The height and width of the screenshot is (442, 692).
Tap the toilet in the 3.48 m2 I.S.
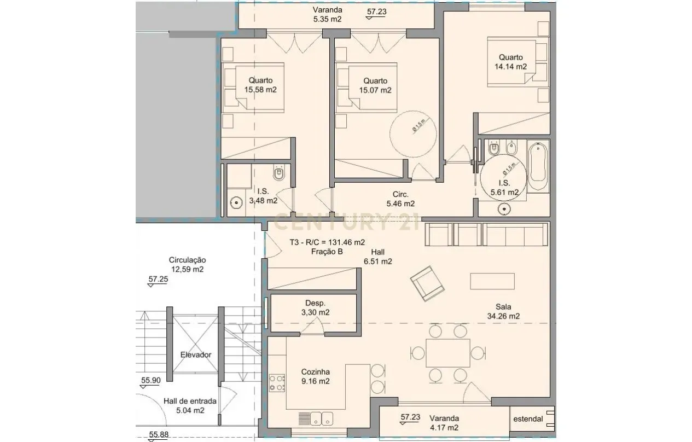(x=279, y=173)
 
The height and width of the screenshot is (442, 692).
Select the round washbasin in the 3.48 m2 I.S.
(x=236, y=202)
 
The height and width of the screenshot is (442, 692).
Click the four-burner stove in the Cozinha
(x=277, y=383)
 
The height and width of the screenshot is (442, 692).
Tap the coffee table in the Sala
(x=492, y=281)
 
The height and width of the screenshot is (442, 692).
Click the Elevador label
(x=196, y=354)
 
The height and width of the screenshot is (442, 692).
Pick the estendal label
(x=528, y=419)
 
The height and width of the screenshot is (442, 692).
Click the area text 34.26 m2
(x=503, y=316)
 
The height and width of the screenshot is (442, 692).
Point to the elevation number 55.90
(x=150, y=380)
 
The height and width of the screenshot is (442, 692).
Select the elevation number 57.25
(x=158, y=279)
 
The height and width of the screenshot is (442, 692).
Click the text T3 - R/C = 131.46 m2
(x=327, y=242)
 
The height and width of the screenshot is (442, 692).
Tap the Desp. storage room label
(x=316, y=303)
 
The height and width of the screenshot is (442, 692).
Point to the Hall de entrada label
(x=190, y=400)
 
